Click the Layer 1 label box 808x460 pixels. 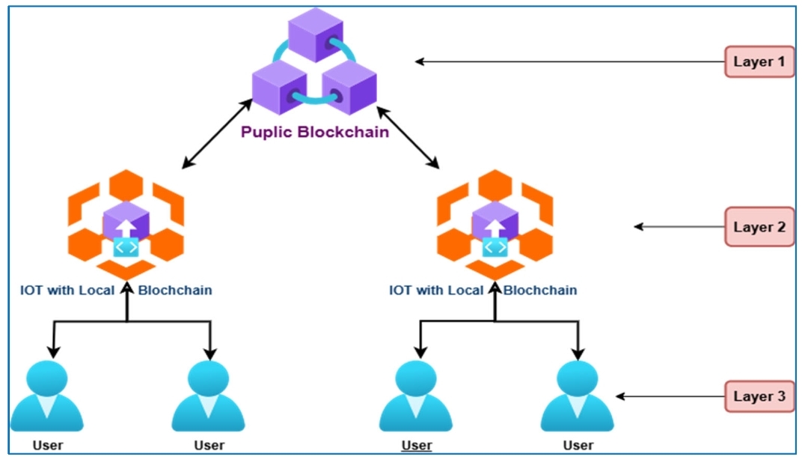tap(759, 62)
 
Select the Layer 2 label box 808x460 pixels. tap(759, 226)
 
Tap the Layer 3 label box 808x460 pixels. tap(759, 396)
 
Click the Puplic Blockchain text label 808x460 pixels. tap(315, 133)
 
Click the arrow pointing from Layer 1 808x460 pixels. tap(569, 61)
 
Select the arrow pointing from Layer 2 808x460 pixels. tap(678, 226)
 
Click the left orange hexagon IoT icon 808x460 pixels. tap(126, 223)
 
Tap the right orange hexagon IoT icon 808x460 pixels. tap(495, 223)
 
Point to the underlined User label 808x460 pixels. tap(417, 446)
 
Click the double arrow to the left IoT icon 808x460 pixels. tap(217, 133)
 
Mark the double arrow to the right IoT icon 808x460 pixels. tap(407, 135)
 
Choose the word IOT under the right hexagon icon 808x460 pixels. tap(401, 290)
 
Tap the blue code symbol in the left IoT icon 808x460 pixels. tap(126, 247)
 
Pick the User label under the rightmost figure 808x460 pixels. tap(578, 446)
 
